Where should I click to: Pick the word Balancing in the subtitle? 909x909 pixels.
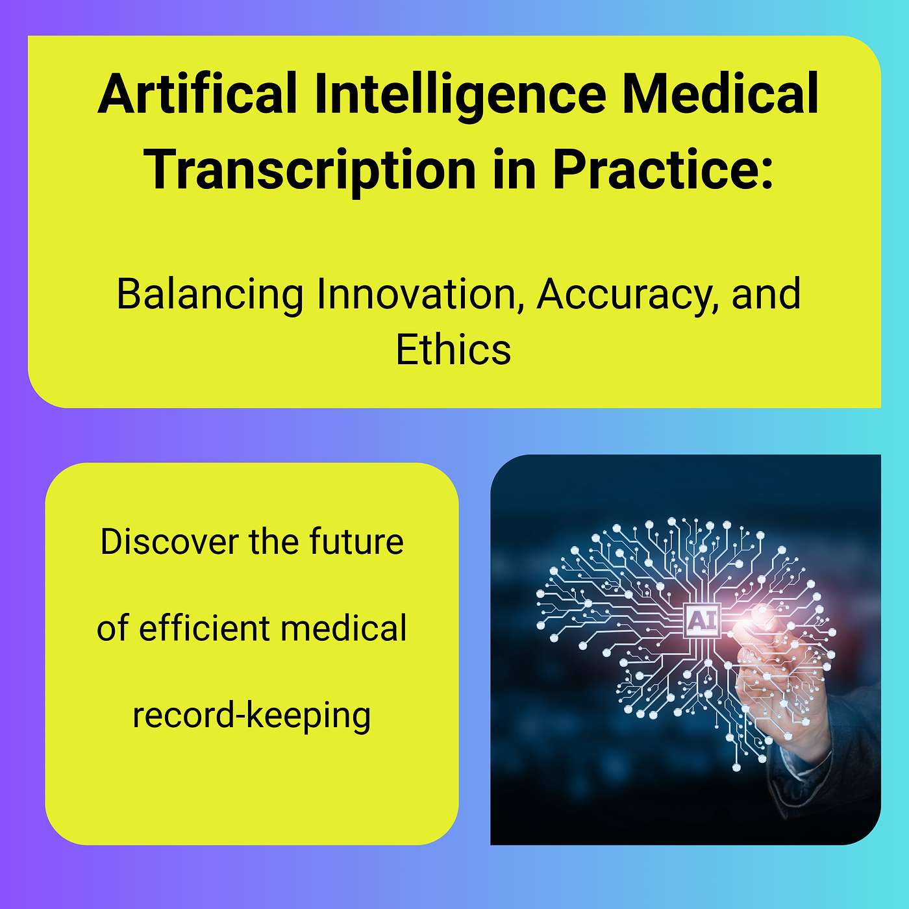pyautogui.click(x=210, y=295)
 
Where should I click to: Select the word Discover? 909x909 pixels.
pyautogui.click(x=168, y=542)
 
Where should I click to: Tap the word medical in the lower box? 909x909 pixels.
pyautogui.click(x=344, y=628)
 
